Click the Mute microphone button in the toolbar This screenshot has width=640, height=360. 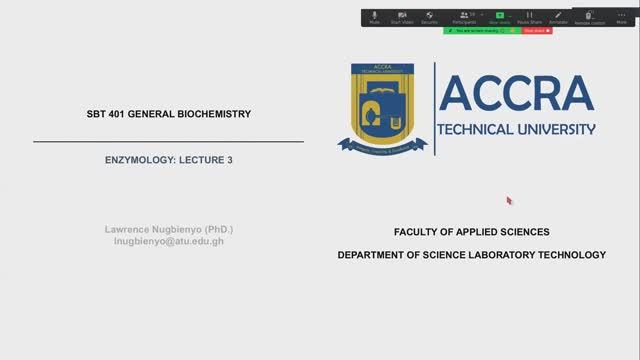(375, 17)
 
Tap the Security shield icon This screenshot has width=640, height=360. (429, 17)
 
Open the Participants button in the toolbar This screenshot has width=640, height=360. (464, 17)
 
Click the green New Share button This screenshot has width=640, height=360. (500, 17)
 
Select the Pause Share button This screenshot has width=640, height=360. (529, 17)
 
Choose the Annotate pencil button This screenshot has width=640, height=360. (557, 17)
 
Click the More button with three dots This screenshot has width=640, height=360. (621, 17)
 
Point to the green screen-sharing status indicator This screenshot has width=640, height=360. (483, 31)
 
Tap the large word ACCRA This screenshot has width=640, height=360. (516, 94)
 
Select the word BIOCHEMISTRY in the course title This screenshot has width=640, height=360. (216, 114)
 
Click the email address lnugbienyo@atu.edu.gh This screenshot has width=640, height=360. (168, 242)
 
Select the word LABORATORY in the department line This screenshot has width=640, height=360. (509, 255)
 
